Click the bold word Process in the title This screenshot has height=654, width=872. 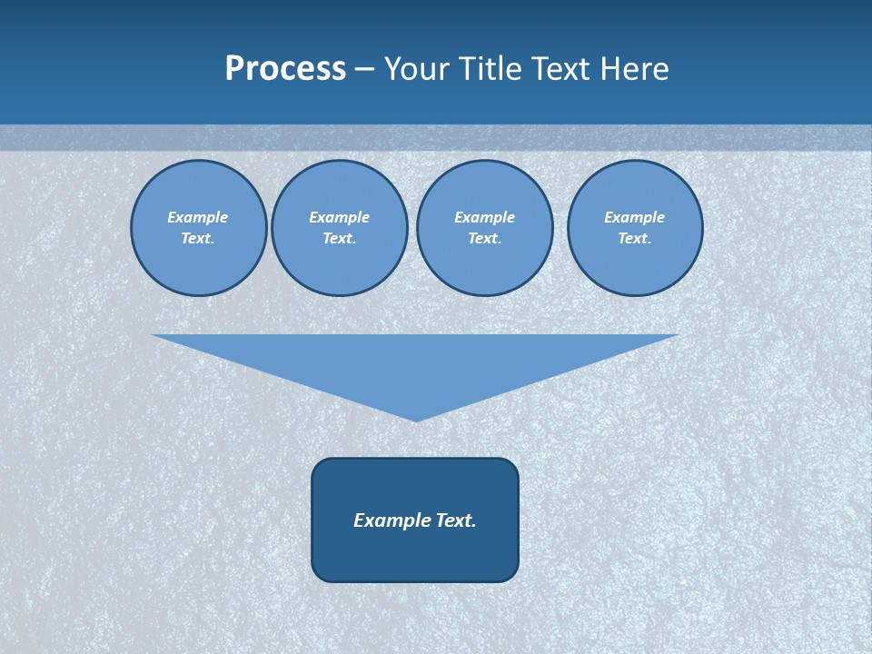pyautogui.click(x=285, y=69)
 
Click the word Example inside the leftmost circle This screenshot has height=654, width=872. pyautogui.click(x=198, y=217)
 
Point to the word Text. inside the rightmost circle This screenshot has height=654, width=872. pyautogui.click(x=635, y=238)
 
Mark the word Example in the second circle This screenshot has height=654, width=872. pyautogui.click(x=339, y=217)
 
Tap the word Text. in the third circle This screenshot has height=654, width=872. pyautogui.click(x=484, y=238)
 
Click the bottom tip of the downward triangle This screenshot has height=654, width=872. pyautogui.click(x=416, y=419)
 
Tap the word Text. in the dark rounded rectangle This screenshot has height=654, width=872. pyautogui.click(x=456, y=520)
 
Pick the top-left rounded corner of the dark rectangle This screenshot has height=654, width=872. pyautogui.click(x=319, y=465)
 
